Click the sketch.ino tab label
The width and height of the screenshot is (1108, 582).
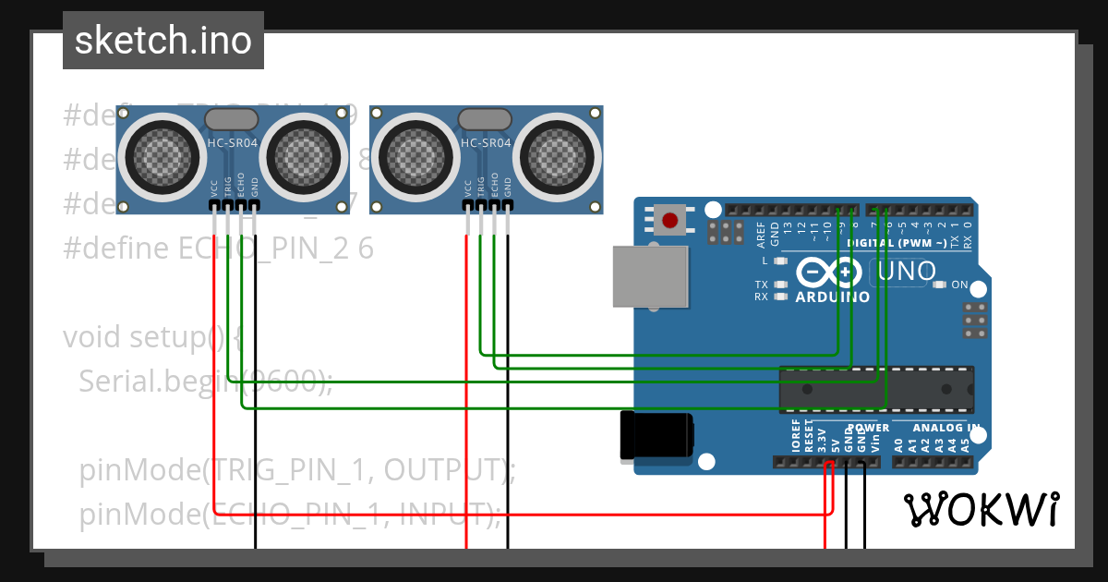pyautogui.click(x=163, y=41)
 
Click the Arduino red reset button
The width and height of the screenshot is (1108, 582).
pyautogui.click(x=670, y=221)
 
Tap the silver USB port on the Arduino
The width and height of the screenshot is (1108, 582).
pyautogui.click(x=651, y=276)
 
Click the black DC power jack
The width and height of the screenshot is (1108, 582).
pyautogui.click(x=656, y=436)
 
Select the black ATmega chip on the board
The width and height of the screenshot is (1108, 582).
pyautogui.click(x=875, y=389)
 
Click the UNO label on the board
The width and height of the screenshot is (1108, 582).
pyautogui.click(x=906, y=272)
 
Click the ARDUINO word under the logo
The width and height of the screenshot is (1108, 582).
pyautogui.click(x=832, y=297)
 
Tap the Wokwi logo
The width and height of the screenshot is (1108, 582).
pyautogui.click(x=981, y=509)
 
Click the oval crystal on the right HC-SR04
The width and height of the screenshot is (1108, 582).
pyautogui.click(x=485, y=119)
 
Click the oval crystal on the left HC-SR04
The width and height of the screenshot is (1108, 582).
pyautogui.click(x=231, y=119)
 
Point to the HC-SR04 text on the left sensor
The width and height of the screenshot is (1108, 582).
pyautogui.click(x=232, y=143)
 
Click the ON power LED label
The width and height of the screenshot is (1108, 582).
pyautogui.click(x=959, y=285)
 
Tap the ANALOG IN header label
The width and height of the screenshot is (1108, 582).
pyautogui.click(x=945, y=428)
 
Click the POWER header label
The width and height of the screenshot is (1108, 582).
pyautogui.click(x=868, y=428)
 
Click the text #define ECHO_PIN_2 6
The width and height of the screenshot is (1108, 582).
pyautogui.click(x=218, y=249)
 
